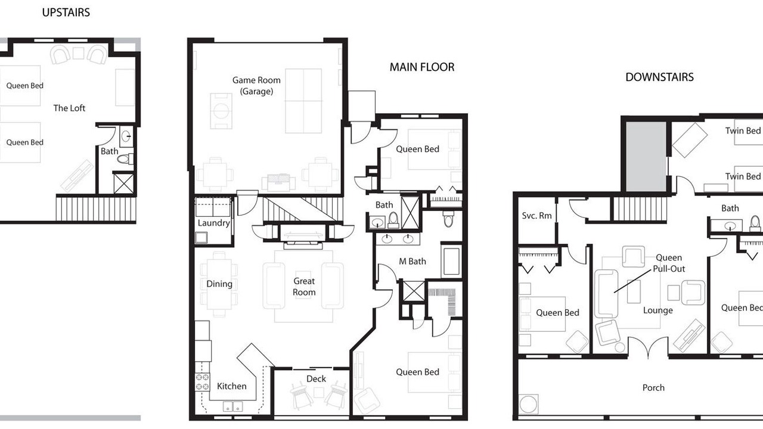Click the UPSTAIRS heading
(66, 13)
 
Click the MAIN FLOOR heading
(421, 67)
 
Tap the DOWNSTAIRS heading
(659, 77)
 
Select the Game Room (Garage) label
(256, 86)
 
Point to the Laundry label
(214, 223)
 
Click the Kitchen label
(232, 386)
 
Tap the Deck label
(316, 378)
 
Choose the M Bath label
(412, 261)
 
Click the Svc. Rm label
(536, 216)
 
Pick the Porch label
(653, 387)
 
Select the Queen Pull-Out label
(668, 263)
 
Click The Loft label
(69, 108)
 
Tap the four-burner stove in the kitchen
(202, 382)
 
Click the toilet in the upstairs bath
(125, 158)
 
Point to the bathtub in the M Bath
(451, 262)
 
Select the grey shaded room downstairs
(646, 157)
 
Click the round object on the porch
(528, 404)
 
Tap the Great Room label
(304, 287)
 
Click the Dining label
(219, 284)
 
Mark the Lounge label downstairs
(657, 310)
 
